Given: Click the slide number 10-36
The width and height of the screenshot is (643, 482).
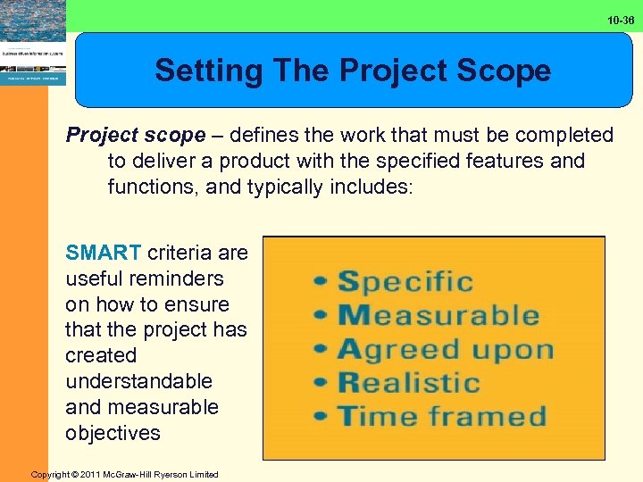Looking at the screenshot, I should [622, 20].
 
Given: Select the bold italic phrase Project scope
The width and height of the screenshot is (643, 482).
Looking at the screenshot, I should [136, 136].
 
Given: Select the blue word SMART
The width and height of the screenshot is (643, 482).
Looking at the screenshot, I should [103, 253].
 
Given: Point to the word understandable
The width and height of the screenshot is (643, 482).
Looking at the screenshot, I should [138, 381].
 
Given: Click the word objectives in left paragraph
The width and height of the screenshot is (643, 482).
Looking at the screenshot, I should [113, 433].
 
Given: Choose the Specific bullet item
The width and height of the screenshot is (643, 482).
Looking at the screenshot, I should [405, 282].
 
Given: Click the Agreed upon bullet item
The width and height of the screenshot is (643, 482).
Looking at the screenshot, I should [445, 349].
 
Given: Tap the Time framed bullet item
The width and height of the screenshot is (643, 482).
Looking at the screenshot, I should [441, 416].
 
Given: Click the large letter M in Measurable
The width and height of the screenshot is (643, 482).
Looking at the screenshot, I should [353, 315].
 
